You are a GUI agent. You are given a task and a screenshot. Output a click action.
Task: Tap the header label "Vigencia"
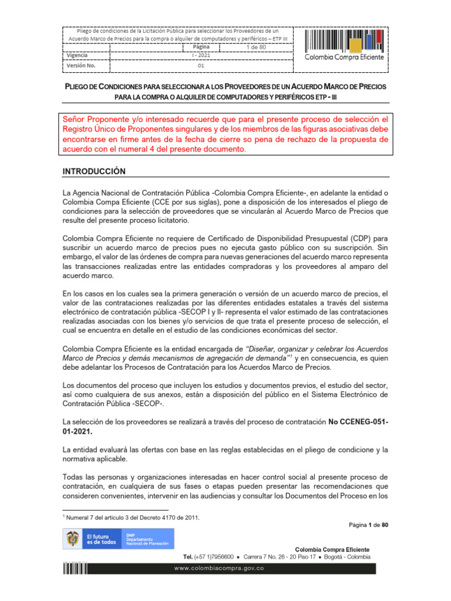tap(78, 56)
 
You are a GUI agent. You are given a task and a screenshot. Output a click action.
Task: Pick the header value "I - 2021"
tap(201, 56)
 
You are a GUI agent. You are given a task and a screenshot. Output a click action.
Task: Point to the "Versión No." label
tap(81, 66)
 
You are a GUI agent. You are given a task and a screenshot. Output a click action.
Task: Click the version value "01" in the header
tap(201, 66)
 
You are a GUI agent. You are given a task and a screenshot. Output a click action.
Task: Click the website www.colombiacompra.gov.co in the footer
tap(225, 569)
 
